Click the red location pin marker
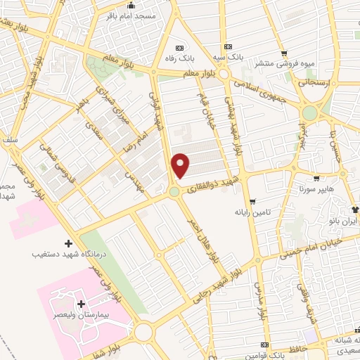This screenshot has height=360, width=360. click(x=181, y=165)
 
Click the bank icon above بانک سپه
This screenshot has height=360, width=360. click(x=225, y=45)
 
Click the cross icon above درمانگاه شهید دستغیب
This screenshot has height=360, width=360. click(x=68, y=242)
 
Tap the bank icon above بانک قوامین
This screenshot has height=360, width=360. click(x=264, y=345)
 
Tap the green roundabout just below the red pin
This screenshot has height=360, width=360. click(x=174, y=191)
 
